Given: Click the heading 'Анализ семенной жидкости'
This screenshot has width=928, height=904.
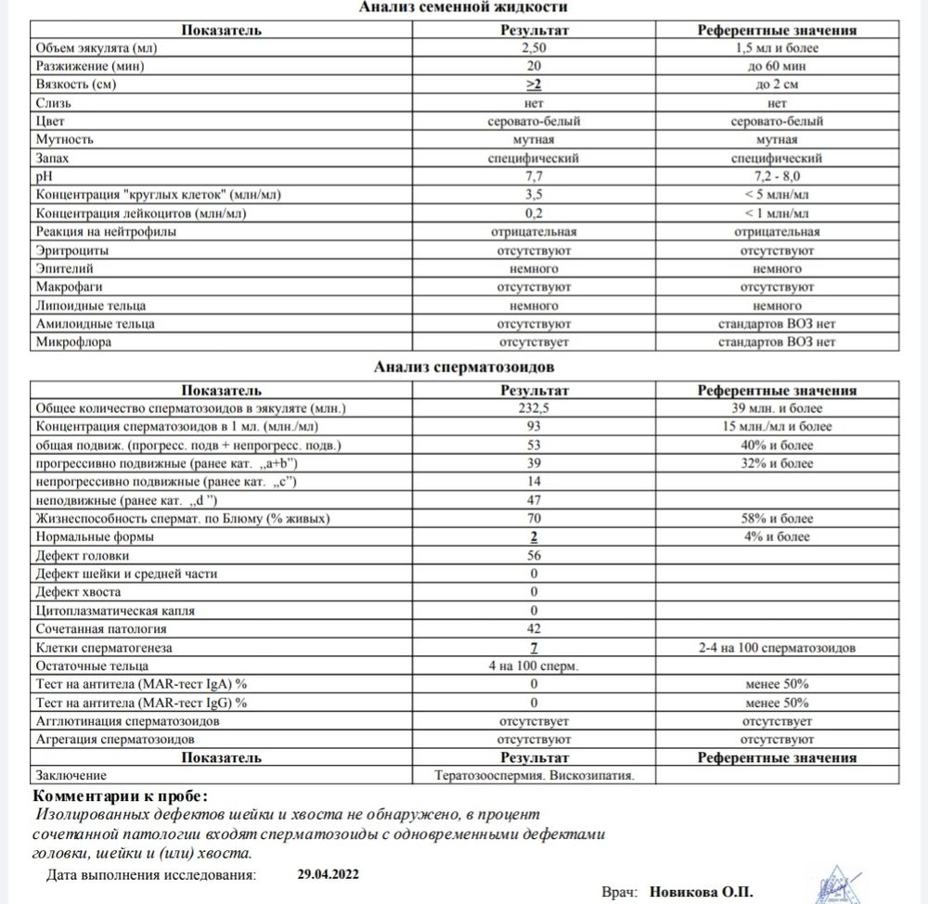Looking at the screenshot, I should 464,7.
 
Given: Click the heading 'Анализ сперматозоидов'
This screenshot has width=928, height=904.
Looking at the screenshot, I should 464,368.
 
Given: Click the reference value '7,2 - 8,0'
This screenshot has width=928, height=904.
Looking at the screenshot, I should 777,176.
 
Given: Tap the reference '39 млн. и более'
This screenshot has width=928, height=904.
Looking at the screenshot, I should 777,408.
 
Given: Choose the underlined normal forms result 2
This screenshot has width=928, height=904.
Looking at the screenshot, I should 534,536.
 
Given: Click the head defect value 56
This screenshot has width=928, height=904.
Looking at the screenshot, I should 534,555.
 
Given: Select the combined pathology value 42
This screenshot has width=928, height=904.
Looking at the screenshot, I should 534,628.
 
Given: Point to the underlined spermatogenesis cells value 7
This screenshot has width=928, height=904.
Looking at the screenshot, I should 534,647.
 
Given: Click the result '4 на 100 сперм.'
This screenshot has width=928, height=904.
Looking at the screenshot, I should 534,665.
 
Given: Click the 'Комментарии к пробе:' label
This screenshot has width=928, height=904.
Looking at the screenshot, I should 121,796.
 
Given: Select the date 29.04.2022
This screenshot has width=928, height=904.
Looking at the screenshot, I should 329,874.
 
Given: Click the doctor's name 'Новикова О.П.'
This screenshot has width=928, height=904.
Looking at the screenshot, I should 702,890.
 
